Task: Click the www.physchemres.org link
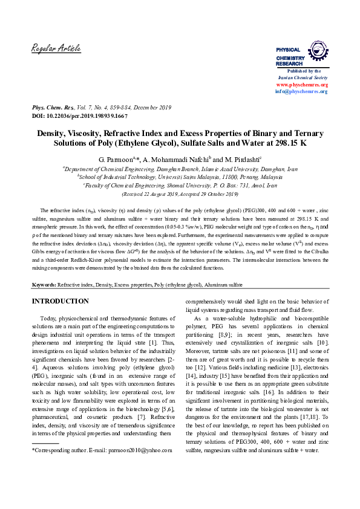[x=301, y=85]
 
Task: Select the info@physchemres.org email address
[x=301, y=91]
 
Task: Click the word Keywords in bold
[x=44, y=284]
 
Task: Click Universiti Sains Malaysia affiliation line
[x=180, y=178]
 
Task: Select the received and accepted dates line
[x=180, y=195]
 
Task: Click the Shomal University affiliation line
[x=180, y=186]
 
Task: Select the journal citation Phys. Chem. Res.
[x=53, y=106]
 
